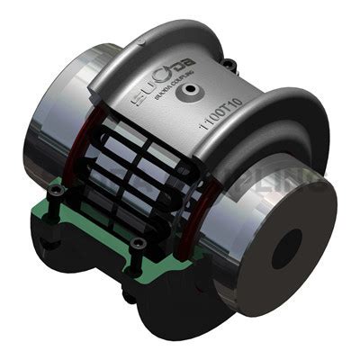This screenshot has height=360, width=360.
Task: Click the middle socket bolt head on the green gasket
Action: [136, 242]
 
